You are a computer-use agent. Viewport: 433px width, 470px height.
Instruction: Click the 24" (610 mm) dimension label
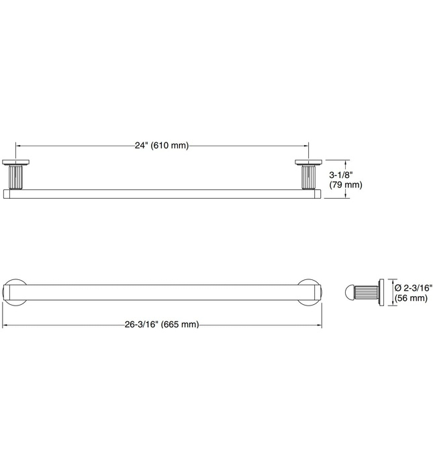click(x=162, y=146)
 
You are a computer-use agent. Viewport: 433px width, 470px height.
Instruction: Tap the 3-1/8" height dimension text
click(x=341, y=175)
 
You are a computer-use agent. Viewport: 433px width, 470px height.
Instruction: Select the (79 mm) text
click(x=346, y=185)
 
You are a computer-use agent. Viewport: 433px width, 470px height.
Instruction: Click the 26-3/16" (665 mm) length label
click(x=162, y=324)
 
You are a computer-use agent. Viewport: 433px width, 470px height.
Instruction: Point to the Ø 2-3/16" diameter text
click(x=414, y=288)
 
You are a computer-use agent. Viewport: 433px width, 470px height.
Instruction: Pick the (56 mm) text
click(x=411, y=298)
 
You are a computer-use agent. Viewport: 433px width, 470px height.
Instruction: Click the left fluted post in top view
click(x=15, y=177)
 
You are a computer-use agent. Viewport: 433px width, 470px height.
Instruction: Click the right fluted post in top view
click(x=308, y=177)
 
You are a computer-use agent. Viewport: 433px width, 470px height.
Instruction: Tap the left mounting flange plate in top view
click(x=15, y=162)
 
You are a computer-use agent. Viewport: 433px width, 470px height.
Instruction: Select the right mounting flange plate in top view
click(x=308, y=162)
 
